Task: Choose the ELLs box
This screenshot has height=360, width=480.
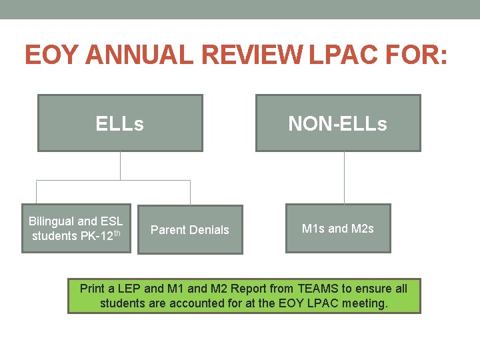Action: click(x=120, y=123)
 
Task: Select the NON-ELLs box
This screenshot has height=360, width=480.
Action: click(x=338, y=123)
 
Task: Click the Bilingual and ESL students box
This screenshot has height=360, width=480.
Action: click(x=76, y=229)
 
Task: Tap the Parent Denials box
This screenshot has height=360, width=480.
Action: click(x=190, y=230)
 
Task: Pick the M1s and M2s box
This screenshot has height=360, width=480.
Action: click(x=338, y=229)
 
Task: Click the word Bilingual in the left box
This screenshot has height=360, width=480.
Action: click(x=52, y=221)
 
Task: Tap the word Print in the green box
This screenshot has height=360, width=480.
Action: click(x=93, y=289)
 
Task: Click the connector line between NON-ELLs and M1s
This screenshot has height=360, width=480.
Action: click(x=344, y=177)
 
